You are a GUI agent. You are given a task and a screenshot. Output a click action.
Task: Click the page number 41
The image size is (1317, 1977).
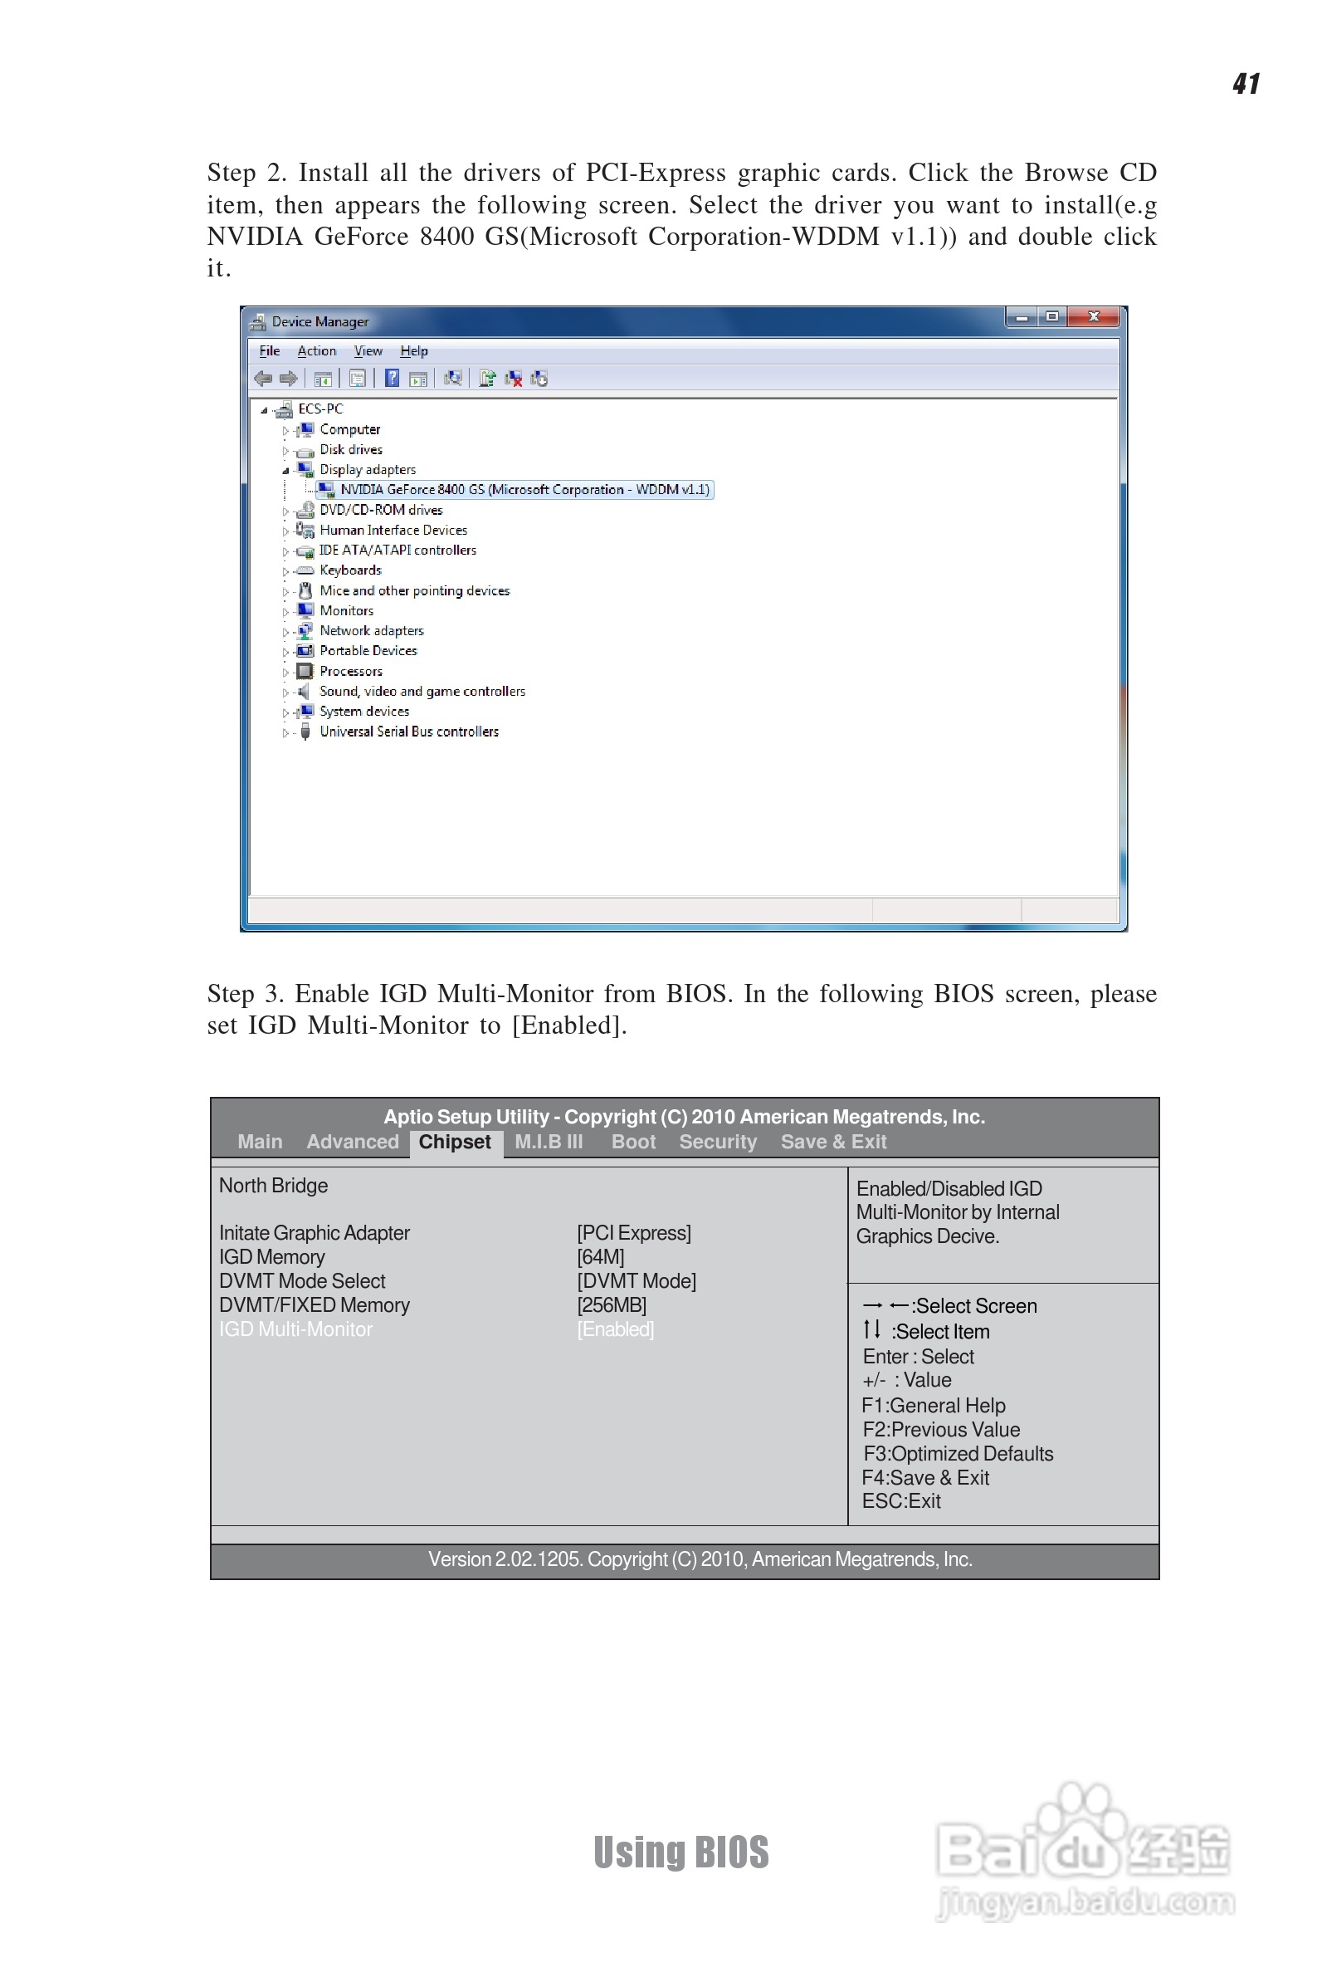[x=1246, y=84]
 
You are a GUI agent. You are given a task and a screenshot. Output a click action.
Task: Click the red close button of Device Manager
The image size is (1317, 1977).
[x=1094, y=316]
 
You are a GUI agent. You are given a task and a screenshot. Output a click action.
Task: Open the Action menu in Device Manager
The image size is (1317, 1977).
[x=316, y=351]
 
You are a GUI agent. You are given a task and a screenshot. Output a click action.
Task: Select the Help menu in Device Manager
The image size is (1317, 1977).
[x=413, y=351]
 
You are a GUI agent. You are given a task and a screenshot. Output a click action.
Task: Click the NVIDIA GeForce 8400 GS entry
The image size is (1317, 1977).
[x=524, y=490]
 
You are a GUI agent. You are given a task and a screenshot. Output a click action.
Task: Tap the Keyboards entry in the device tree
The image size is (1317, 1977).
[x=350, y=570]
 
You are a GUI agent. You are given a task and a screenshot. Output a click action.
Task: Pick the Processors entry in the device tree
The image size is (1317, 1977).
[x=350, y=672]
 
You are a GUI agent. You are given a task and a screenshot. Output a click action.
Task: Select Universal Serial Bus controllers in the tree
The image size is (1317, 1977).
[x=408, y=732]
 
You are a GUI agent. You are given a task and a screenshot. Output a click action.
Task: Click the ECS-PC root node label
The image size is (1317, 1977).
[x=320, y=409]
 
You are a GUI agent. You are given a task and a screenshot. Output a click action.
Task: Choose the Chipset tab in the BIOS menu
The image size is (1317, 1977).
[x=455, y=1142]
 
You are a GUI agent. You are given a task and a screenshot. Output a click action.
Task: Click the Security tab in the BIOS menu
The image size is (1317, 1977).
[x=717, y=1142]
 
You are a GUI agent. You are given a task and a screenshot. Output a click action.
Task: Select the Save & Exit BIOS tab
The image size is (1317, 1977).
[x=833, y=1142]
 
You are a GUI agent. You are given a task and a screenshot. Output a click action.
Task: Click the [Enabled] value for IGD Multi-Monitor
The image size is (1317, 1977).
[x=615, y=1329]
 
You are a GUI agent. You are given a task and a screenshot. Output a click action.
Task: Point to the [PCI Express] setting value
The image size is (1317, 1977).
[x=633, y=1232]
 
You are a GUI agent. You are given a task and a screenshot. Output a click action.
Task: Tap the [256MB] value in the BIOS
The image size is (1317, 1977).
[x=612, y=1304]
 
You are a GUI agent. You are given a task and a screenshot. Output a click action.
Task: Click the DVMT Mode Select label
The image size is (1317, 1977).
[x=302, y=1281]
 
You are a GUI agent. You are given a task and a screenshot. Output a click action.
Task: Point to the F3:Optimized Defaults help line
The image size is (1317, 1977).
[x=958, y=1454]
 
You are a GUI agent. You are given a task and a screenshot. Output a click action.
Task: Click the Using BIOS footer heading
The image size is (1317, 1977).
[x=681, y=1852]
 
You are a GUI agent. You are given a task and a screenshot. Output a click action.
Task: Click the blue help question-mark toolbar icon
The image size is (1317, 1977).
[x=393, y=379]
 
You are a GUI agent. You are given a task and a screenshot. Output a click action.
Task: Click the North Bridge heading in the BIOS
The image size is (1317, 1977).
[x=273, y=1186]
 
